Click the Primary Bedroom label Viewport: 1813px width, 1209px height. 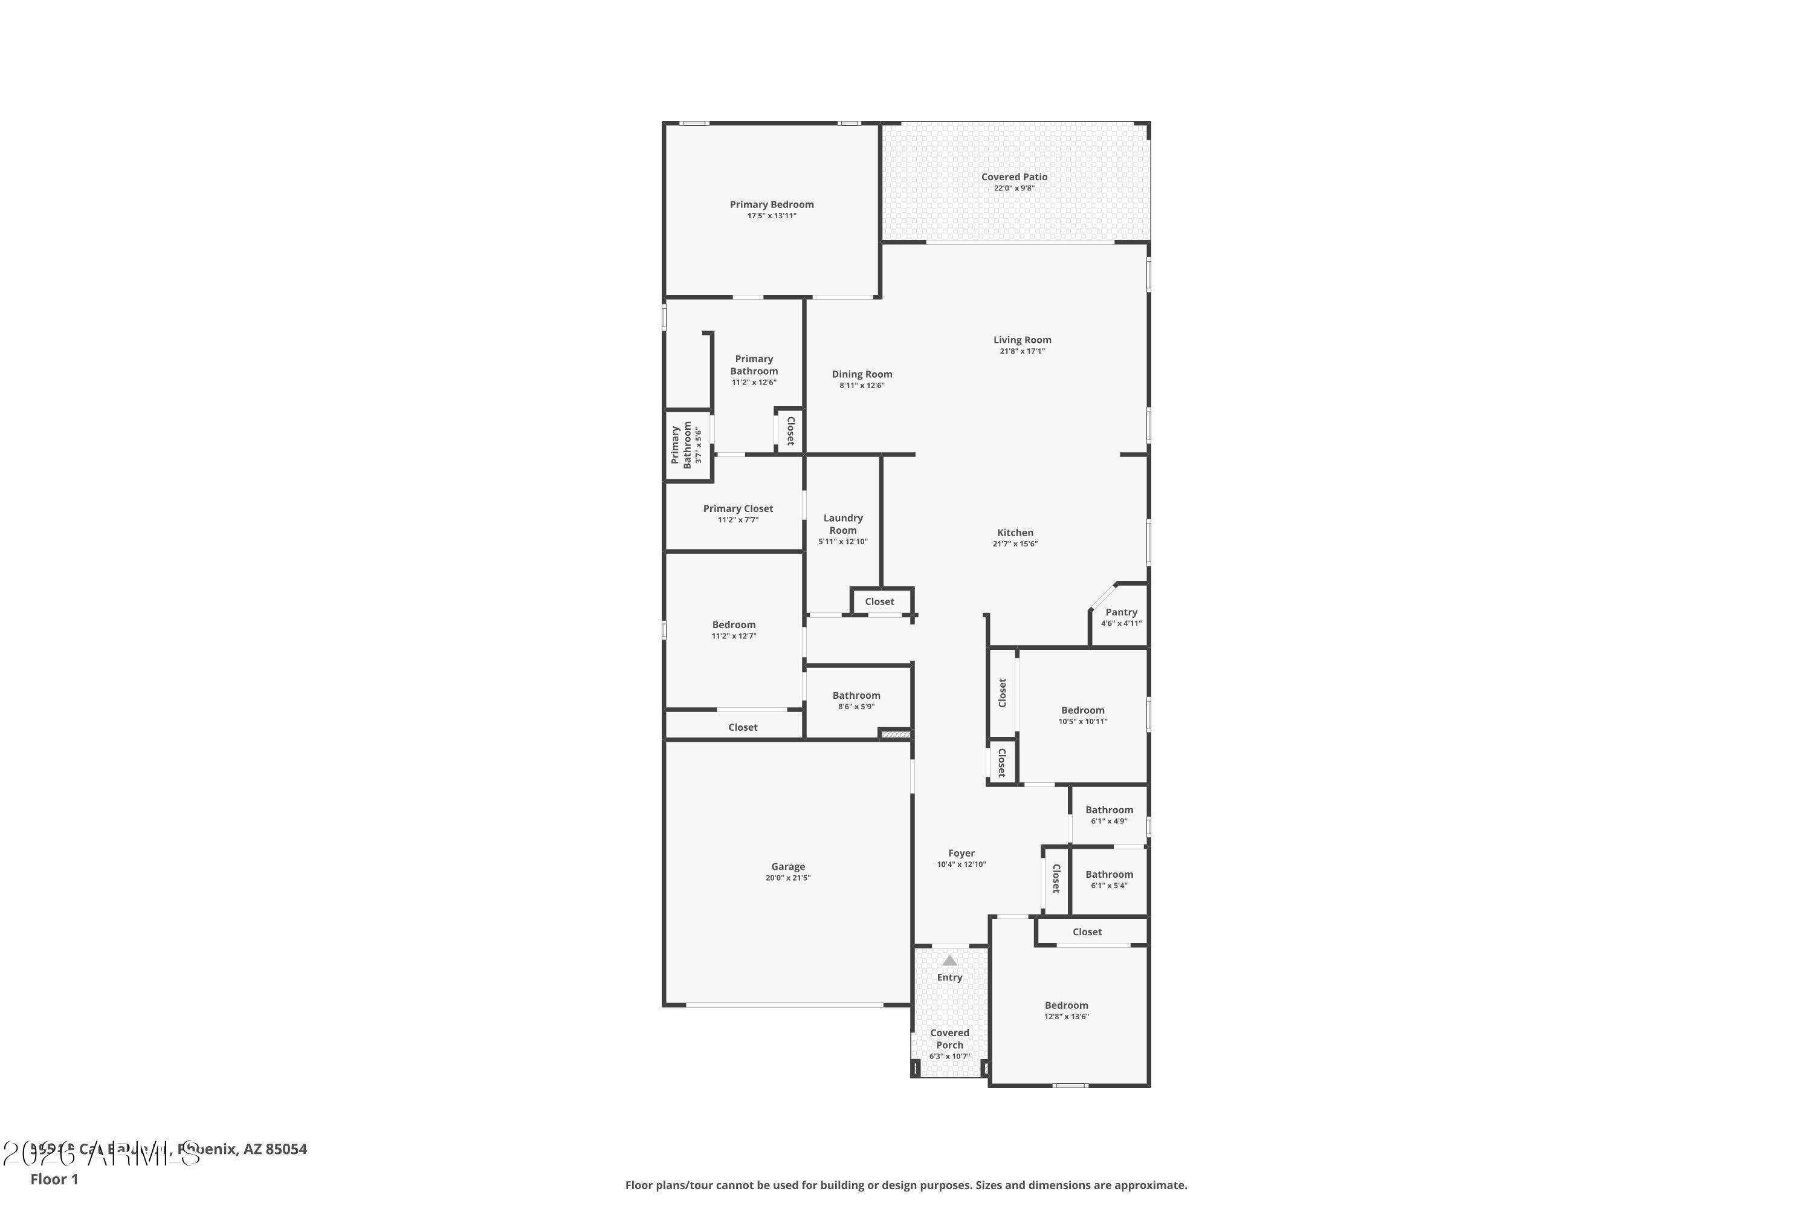pos(772,204)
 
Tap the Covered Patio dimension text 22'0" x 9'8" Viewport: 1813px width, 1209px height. pos(1013,188)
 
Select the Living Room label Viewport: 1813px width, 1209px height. pos(1021,339)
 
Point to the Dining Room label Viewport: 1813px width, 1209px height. pos(862,374)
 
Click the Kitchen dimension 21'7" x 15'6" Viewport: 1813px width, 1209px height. pos(1015,543)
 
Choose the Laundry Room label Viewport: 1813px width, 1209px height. pos(842,523)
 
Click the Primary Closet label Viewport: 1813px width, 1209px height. pos(738,508)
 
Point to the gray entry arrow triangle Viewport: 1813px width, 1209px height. pos(949,961)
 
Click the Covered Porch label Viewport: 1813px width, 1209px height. pos(949,1039)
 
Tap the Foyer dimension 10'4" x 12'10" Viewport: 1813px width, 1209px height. pos(961,864)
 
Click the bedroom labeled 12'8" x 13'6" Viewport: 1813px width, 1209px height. pos(1066,1005)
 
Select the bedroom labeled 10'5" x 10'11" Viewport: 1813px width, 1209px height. pos(1082,710)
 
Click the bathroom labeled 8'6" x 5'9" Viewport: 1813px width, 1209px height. pos(856,696)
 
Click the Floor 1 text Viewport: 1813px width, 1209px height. pos(54,1179)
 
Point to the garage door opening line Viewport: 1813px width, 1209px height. pos(784,1005)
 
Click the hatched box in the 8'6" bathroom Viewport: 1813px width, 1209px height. pos(896,734)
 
